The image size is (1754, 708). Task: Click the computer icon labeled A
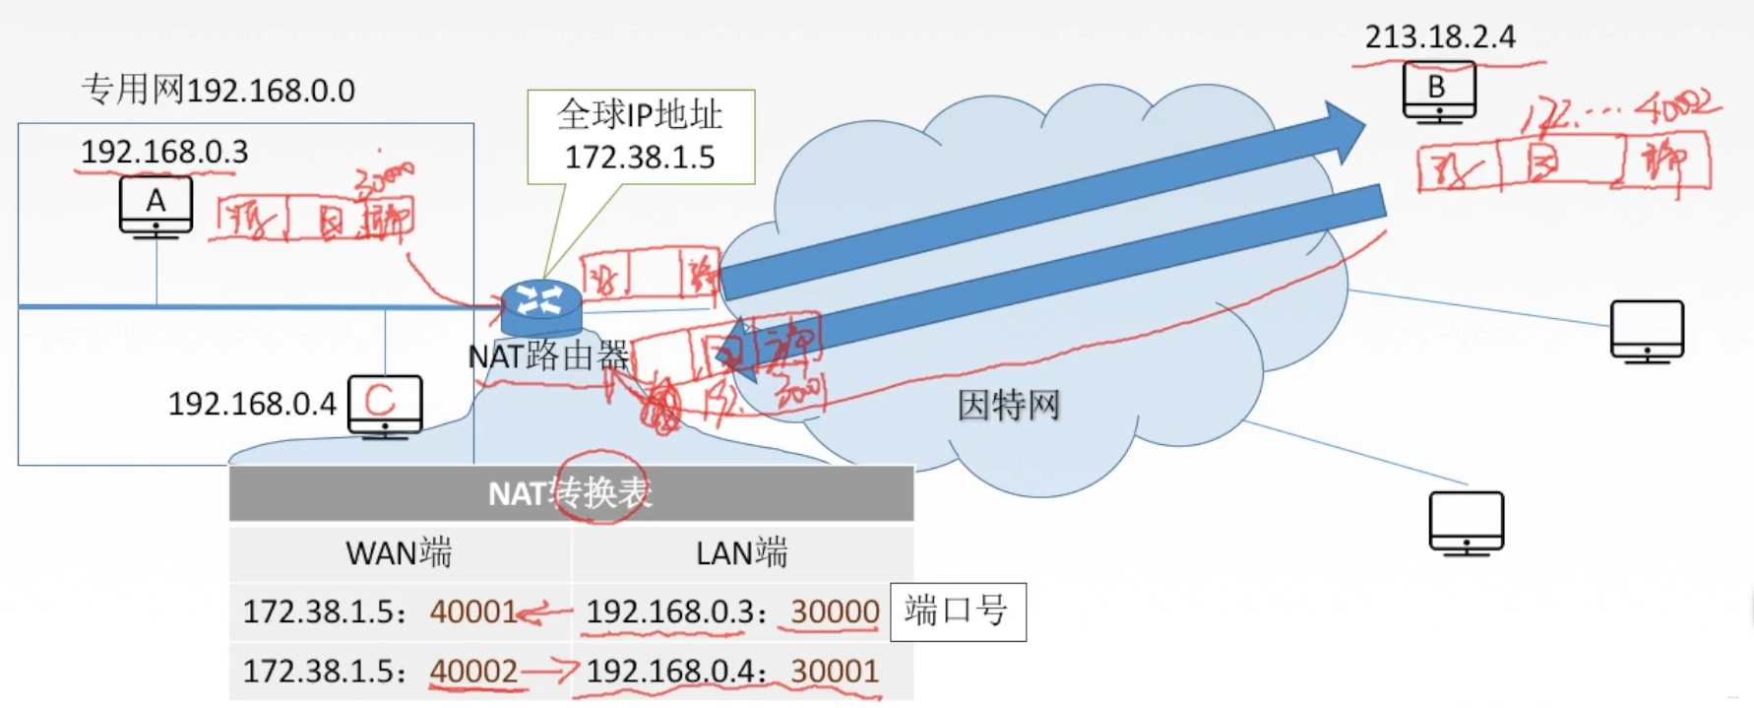coord(156,206)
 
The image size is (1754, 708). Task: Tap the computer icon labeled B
coord(1438,91)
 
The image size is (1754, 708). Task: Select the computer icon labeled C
coord(385,405)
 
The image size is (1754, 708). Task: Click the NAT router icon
coord(540,306)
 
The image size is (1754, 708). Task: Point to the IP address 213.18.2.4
coord(1439,37)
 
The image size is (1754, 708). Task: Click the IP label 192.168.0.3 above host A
coord(164,152)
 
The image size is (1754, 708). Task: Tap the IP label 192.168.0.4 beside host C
coord(252,404)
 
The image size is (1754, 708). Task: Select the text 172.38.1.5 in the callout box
coord(640,158)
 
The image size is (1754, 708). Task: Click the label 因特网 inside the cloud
coord(1008,405)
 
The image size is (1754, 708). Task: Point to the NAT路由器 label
coord(548,355)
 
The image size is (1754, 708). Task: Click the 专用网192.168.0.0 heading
coord(218,91)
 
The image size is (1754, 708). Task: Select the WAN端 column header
coord(399,553)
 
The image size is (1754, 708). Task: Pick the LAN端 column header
coord(741,553)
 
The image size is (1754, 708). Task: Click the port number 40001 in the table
coord(473,611)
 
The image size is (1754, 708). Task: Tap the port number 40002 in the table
coord(473,672)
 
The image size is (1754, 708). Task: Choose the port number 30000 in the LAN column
coord(835,611)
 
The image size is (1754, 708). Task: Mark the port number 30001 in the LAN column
coord(835,672)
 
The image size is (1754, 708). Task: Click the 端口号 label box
coord(957,611)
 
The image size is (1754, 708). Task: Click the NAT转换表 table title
coord(571,492)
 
